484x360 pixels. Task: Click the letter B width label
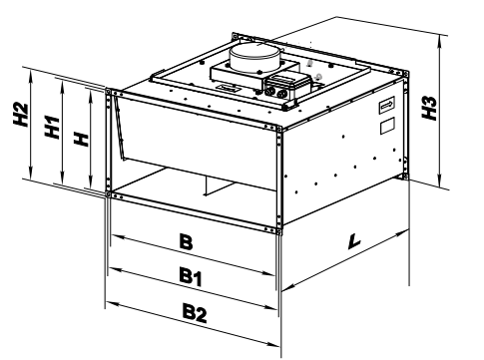(x=185, y=241)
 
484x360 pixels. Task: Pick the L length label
(x=356, y=240)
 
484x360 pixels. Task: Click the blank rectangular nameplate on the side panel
(x=388, y=128)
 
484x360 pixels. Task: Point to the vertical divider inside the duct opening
(x=204, y=184)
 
